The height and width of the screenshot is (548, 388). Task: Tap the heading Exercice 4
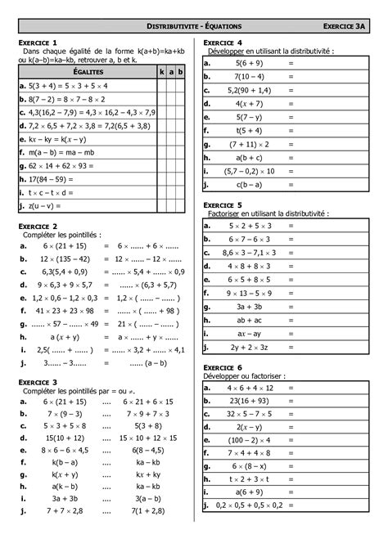(223, 42)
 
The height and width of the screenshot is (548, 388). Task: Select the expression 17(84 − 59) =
(49, 177)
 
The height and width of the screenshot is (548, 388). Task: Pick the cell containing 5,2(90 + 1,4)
(250, 90)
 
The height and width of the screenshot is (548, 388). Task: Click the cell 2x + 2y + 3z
(250, 348)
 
